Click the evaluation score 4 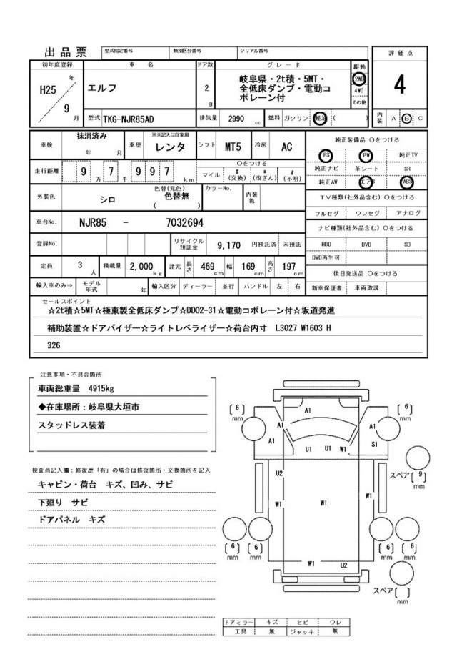(x=399, y=84)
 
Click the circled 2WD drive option (x=359, y=78)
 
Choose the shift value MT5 (x=233, y=147)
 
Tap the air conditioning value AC (x=286, y=147)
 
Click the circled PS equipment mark (x=326, y=154)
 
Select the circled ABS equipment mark (x=406, y=182)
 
